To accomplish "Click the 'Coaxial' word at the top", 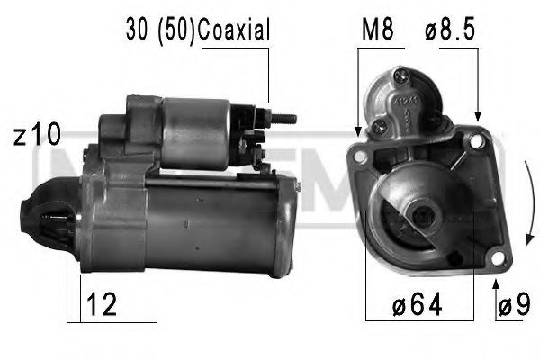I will coord(233,31).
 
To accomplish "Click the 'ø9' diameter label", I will coord(513,308).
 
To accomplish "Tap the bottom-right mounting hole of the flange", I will coord(493,259).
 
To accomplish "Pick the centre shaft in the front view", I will coord(420,216).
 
